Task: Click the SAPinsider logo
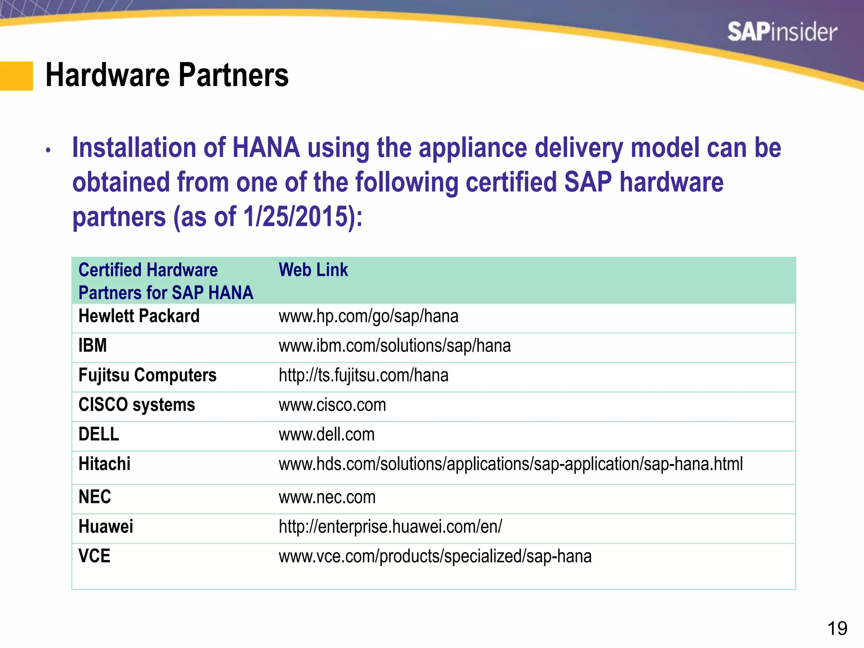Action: click(782, 32)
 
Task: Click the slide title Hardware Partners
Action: click(167, 76)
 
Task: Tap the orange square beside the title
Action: click(16, 76)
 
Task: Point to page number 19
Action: click(837, 629)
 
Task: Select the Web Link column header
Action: click(313, 270)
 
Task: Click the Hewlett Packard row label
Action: click(139, 316)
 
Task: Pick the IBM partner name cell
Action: click(93, 346)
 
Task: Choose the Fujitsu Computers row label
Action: click(147, 375)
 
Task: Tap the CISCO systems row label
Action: click(137, 405)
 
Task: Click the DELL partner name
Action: click(99, 435)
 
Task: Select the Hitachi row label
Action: click(105, 464)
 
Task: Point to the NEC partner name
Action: click(95, 497)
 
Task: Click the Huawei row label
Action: click(106, 526)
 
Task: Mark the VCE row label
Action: click(94, 556)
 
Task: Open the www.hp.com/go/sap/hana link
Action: click(368, 316)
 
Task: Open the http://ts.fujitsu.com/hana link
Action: click(363, 375)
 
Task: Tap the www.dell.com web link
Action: click(327, 435)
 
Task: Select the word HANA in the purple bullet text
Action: click(266, 148)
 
